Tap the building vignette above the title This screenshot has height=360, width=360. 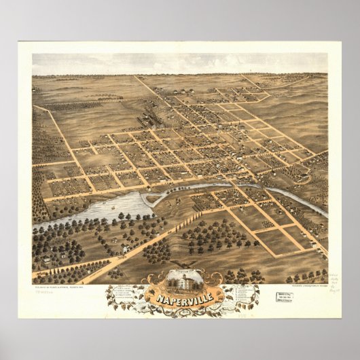click(x=182, y=280)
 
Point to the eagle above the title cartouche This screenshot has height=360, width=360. click(x=182, y=266)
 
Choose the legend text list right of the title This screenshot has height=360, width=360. click(x=240, y=293)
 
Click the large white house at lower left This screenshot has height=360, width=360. click(x=46, y=259)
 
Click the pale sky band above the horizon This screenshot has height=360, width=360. click(x=180, y=64)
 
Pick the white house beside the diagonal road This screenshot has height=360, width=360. click(x=126, y=249)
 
